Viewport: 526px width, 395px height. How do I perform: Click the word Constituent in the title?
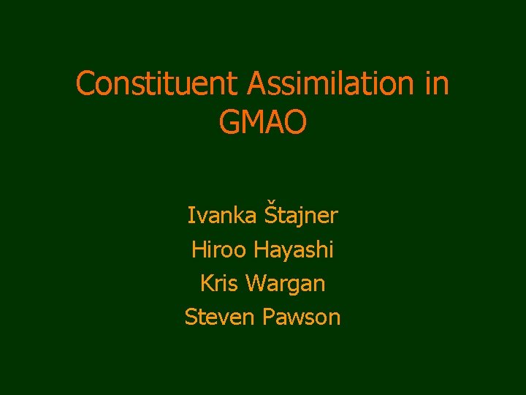159,83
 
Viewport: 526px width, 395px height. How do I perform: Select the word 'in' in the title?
435,83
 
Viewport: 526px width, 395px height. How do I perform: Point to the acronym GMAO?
263,122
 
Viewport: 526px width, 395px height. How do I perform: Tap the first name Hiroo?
220,249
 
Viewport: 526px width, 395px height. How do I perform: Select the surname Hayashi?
294,251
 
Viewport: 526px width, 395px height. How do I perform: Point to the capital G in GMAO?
229,122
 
